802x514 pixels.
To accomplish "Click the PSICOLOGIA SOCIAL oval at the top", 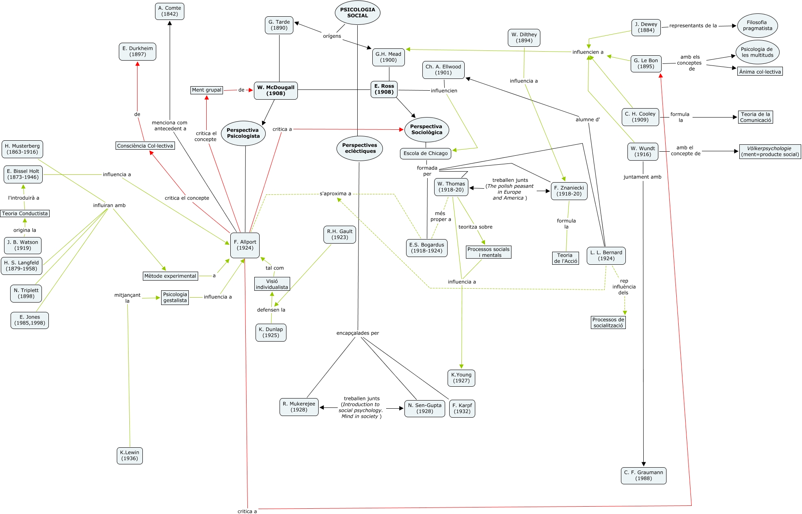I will point(357,13).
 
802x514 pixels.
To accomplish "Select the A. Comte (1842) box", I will point(169,11).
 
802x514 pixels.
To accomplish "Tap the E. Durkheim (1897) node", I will point(138,51).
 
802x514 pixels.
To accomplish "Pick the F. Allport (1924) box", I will point(245,245).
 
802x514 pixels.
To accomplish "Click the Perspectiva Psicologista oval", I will point(243,133).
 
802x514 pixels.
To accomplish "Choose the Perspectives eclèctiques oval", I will point(359,148).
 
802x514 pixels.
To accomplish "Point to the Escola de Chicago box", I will point(425,153).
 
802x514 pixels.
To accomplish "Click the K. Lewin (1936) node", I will point(129,455).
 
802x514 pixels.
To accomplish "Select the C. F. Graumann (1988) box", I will point(643,475).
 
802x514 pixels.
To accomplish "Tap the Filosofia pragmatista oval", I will point(757,26).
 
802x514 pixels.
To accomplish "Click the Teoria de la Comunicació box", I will point(755,117).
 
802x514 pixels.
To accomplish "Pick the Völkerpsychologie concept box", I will point(769,151).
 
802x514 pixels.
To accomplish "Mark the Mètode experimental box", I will point(170,276).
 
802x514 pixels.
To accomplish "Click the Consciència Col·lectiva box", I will point(145,146).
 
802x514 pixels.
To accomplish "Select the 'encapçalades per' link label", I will point(357,333).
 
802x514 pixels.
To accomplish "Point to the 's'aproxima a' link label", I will point(335,194).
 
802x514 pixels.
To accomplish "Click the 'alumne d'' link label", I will point(588,120).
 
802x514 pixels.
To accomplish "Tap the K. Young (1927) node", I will point(461,378).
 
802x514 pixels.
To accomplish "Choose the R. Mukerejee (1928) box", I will point(299,407).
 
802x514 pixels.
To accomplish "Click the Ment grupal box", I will point(207,90).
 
